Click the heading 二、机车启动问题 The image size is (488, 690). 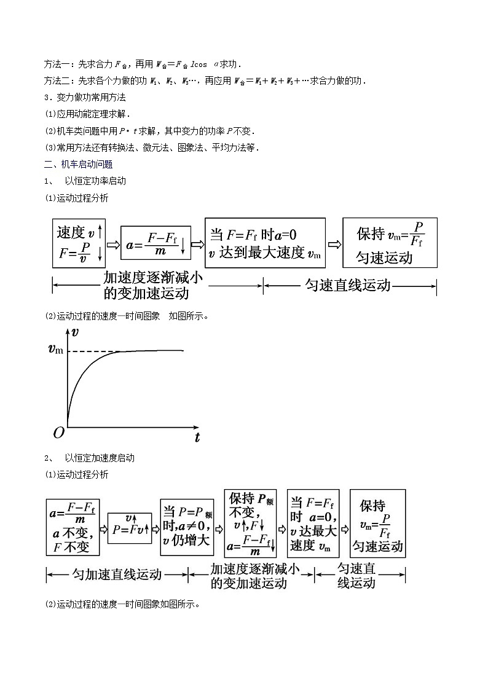point(78,164)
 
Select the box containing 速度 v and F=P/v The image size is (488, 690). point(81,243)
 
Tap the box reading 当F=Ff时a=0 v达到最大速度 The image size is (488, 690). point(265,243)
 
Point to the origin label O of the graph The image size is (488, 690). point(58,433)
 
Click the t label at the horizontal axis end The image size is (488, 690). point(197,437)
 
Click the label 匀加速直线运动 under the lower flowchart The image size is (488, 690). point(117,574)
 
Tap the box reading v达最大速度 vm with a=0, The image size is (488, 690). point(313,523)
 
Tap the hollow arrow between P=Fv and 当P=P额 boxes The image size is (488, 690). point(155,529)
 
